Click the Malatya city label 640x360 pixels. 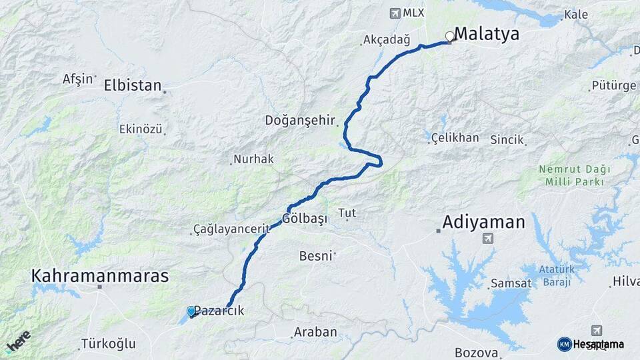coord(487,35)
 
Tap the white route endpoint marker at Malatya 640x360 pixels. coord(450,37)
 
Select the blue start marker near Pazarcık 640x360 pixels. coord(191,311)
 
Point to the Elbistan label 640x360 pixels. coord(133,85)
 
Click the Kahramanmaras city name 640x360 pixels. coord(100,275)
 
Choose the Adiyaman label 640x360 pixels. coord(484,222)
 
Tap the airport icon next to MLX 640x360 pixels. coord(395,13)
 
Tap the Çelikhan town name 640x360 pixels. coord(455,138)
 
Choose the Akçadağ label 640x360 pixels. coord(387,41)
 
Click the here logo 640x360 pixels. coord(19,341)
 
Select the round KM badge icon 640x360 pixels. coord(564,344)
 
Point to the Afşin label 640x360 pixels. coord(78,79)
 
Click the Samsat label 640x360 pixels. coord(511,284)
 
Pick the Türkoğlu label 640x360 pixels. coord(108,344)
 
